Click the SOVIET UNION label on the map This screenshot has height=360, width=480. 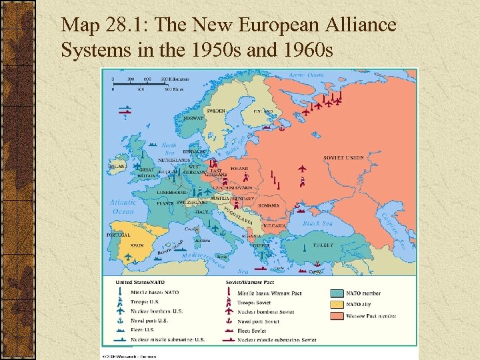(x=344, y=158)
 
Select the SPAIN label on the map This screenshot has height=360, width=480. (x=137, y=245)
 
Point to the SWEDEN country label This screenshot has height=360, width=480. (x=215, y=111)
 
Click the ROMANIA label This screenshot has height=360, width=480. (x=269, y=205)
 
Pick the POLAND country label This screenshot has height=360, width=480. (x=239, y=169)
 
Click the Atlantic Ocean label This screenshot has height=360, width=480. (x=123, y=206)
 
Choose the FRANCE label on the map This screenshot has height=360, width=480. (x=165, y=203)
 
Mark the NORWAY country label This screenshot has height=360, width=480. (x=193, y=118)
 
